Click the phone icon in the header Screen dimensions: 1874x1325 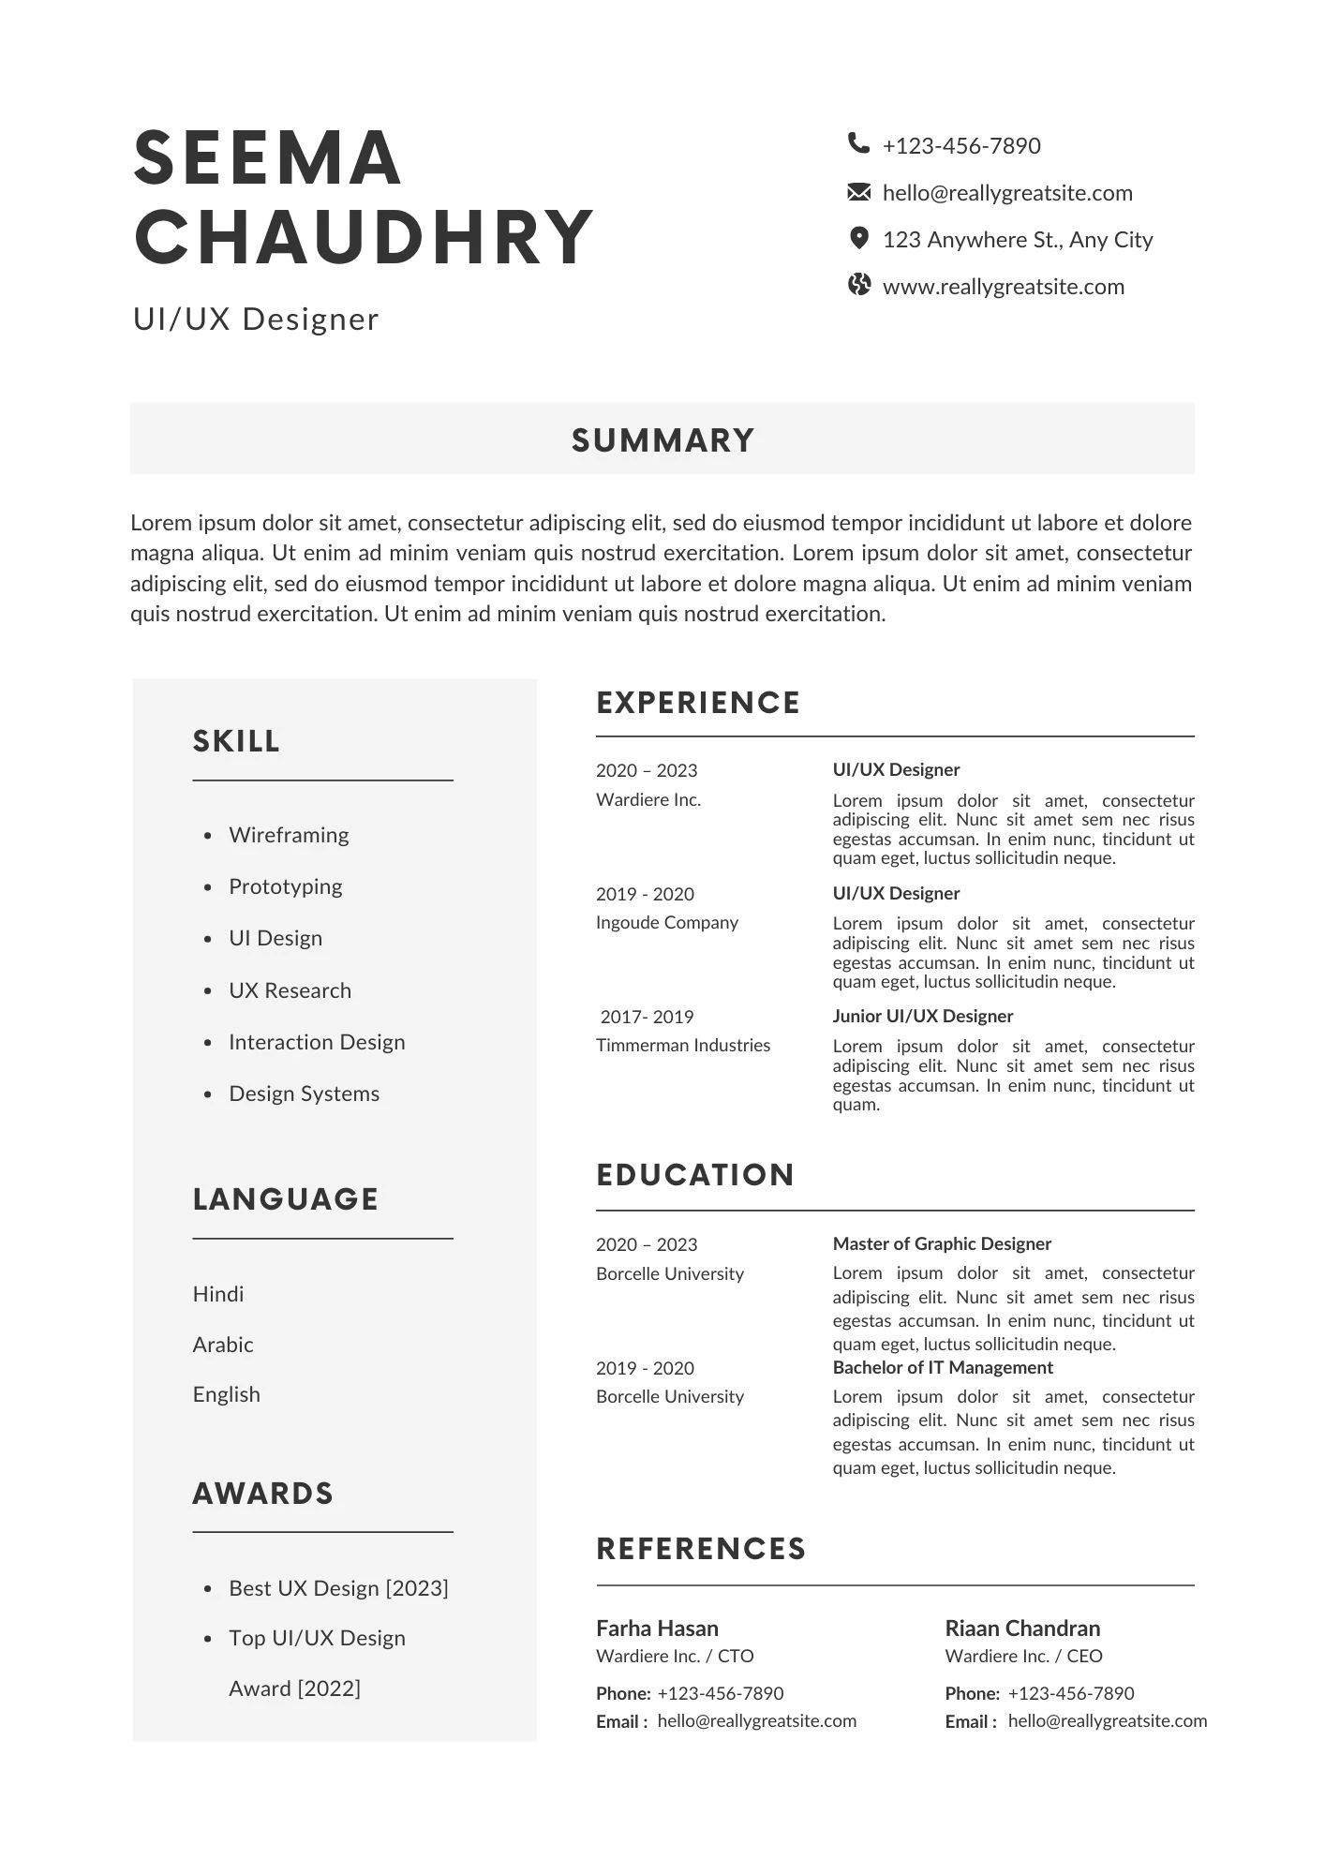point(857,143)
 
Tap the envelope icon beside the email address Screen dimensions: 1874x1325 point(858,192)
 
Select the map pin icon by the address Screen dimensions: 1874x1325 point(858,238)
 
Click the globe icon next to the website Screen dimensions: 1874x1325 point(858,285)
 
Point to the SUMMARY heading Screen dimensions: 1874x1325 point(662,440)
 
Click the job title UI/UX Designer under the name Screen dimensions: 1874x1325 point(256,320)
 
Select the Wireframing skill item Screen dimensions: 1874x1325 point(289,835)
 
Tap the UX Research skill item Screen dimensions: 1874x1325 point(290,990)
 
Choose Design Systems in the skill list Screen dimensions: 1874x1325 point(304,1093)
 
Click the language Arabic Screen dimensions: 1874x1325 point(223,1345)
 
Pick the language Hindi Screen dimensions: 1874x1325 point(218,1294)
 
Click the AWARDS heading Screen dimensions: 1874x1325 point(263,1494)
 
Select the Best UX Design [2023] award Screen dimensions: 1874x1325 point(338,1588)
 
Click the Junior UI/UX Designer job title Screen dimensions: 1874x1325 point(923,1016)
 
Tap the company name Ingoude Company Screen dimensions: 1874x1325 point(667,922)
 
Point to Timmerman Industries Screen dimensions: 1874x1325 point(683,1045)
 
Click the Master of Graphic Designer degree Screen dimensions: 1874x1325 point(942,1243)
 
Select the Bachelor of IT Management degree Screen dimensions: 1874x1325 point(943,1367)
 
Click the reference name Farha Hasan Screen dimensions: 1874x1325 point(657,1628)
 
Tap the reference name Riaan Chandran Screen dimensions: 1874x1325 point(1022,1628)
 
